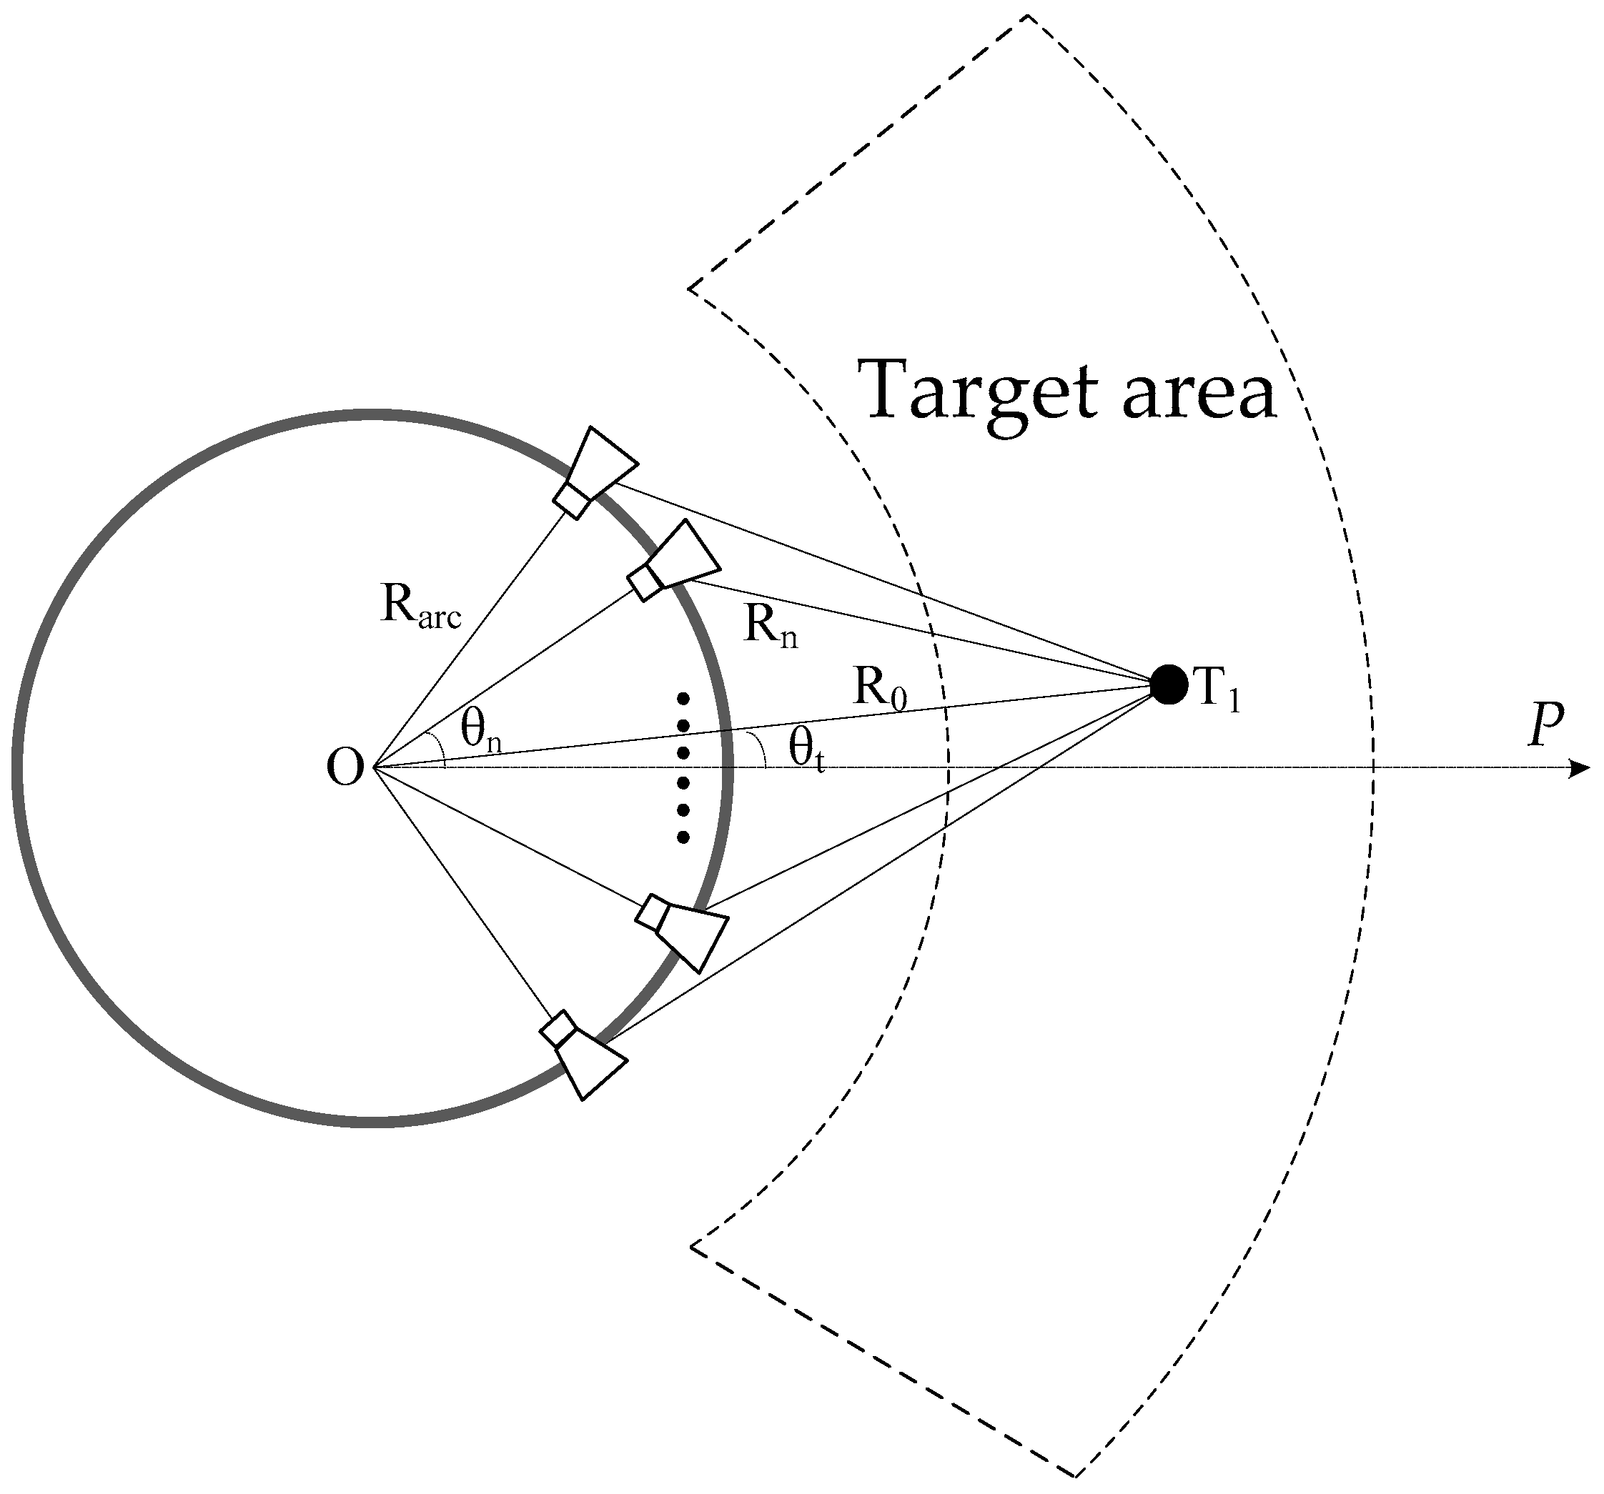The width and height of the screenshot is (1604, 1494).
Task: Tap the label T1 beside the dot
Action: point(1216,690)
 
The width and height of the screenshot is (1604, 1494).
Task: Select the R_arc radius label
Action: point(420,606)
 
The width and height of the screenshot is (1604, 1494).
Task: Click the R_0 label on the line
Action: point(880,690)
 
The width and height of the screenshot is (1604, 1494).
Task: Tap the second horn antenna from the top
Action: point(675,560)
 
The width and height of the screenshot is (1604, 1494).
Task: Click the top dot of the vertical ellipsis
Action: point(683,698)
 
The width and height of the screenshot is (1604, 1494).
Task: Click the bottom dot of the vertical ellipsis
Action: point(683,837)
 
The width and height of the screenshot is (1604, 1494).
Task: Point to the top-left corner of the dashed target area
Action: point(689,287)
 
